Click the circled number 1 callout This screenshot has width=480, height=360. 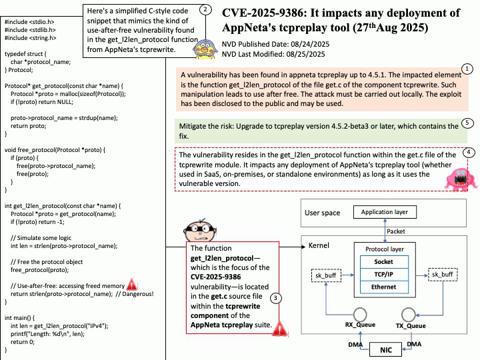point(467,69)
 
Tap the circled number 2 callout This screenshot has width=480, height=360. point(205,10)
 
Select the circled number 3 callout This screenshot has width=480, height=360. point(275,298)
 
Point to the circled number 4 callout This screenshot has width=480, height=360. point(469,152)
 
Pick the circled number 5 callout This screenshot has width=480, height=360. point(467,123)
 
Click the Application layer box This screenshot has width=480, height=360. point(385,212)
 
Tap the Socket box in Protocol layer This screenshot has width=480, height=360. point(384,262)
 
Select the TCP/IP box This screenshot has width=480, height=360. point(384,274)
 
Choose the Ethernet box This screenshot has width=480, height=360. point(384,287)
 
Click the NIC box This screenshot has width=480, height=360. point(386,349)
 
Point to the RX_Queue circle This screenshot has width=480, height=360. point(360,315)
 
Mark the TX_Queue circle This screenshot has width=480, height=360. point(409,315)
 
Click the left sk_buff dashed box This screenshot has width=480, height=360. point(326,275)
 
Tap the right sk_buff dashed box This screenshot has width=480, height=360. point(443,274)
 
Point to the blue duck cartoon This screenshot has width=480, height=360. point(205,49)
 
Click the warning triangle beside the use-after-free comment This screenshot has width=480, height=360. point(132,285)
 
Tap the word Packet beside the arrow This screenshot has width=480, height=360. point(396,231)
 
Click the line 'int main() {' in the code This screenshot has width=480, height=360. point(19,318)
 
